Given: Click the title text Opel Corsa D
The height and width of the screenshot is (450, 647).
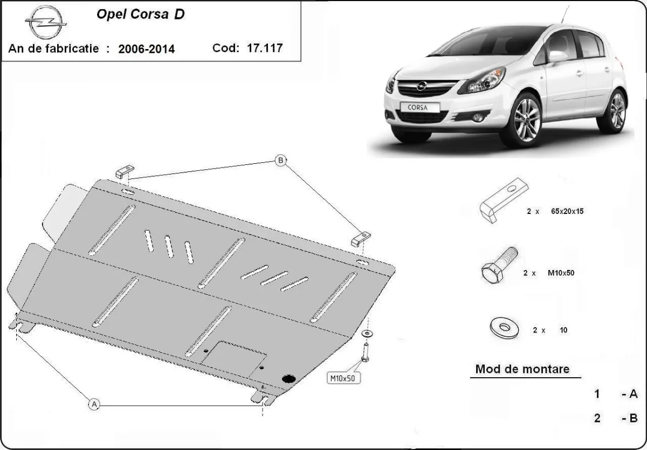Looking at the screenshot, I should point(140,15).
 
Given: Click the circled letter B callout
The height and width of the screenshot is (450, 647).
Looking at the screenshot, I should point(280,160).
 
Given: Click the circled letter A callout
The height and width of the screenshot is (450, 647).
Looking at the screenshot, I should point(94,404).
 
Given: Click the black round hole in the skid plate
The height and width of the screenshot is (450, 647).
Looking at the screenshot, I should point(289,379).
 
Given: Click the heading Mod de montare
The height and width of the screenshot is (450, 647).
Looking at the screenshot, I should point(521,370).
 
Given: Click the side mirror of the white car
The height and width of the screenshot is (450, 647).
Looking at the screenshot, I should point(557,56).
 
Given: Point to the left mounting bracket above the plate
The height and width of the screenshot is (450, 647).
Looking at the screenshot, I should point(123,171).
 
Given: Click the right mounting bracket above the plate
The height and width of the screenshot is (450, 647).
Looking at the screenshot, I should point(360,239).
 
